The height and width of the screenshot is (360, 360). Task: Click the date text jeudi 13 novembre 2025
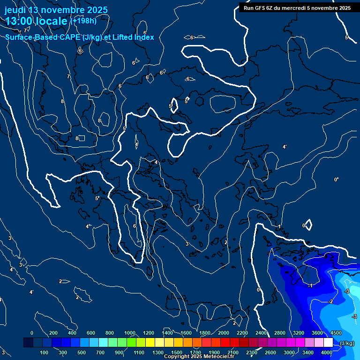tap(56, 10)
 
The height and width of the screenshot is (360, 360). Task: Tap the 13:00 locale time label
tap(37, 21)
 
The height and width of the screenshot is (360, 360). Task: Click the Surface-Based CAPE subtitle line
tap(80, 37)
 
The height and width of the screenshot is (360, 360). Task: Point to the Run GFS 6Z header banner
tap(297, 8)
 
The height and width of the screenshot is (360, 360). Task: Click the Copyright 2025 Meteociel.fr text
tap(199, 357)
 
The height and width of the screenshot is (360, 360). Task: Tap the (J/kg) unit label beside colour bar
tap(347, 343)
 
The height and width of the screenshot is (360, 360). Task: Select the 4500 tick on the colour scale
tap(336, 333)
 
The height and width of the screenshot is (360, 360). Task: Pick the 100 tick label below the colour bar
tap(45, 352)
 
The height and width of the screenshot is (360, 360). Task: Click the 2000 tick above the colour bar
tap(224, 333)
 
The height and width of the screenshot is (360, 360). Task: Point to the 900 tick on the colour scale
tap(119, 352)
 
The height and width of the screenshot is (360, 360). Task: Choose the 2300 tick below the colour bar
tap(252, 352)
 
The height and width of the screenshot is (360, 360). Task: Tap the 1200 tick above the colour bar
tap(149, 333)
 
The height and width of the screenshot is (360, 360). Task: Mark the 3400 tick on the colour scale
tap(308, 352)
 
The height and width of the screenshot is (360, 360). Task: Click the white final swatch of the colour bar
tap(328, 343)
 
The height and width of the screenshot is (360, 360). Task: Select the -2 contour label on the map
tap(330, 301)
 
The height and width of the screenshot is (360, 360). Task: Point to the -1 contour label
tap(310, 285)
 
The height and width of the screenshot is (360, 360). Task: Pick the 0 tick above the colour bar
tap(32, 333)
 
